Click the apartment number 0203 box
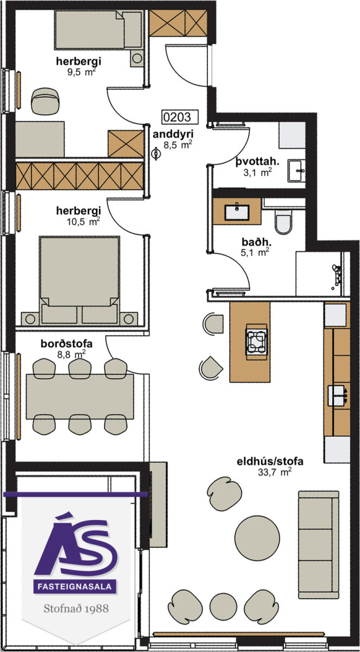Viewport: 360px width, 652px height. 180,117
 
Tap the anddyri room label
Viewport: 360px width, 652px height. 173,134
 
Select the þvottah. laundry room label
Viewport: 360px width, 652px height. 257,161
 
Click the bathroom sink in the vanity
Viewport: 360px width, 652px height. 237,212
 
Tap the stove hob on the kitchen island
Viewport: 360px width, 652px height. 257,338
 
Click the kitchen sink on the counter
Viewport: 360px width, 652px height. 337,396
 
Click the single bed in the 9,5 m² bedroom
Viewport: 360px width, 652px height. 99,30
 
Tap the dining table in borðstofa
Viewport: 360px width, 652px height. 80,397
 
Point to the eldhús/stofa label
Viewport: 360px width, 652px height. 270,461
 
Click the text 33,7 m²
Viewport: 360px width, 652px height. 275,472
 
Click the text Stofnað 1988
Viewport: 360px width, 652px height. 76,609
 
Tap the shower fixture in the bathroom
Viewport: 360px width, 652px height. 337,274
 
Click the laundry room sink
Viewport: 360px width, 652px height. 296,171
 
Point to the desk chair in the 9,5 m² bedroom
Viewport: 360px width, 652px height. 46,101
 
